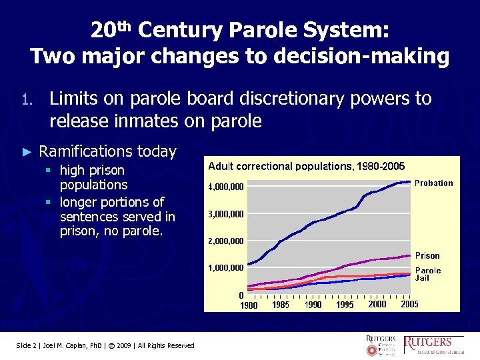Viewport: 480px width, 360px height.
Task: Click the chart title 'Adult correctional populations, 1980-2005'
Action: pos(306,165)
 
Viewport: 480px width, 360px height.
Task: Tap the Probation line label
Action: pos(433,183)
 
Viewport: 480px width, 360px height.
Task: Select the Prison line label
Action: pos(427,255)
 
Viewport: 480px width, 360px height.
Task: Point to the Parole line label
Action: pos(428,271)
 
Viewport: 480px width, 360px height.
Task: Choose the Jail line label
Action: pos(423,278)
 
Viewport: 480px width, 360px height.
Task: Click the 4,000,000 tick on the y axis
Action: pos(226,187)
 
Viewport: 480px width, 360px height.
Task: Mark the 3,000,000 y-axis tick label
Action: pos(226,214)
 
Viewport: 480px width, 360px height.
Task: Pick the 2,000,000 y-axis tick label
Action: pos(226,241)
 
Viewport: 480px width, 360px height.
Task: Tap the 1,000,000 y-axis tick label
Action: pos(226,268)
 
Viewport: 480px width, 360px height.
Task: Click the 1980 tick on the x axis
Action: pos(248,305)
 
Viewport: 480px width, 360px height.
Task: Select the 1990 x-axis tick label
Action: pos(313,305)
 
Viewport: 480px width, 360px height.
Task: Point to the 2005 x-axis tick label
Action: pos(409,304)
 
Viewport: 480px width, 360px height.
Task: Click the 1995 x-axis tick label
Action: pos(345,305)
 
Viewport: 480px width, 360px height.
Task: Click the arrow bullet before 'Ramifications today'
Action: pos(27,152)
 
